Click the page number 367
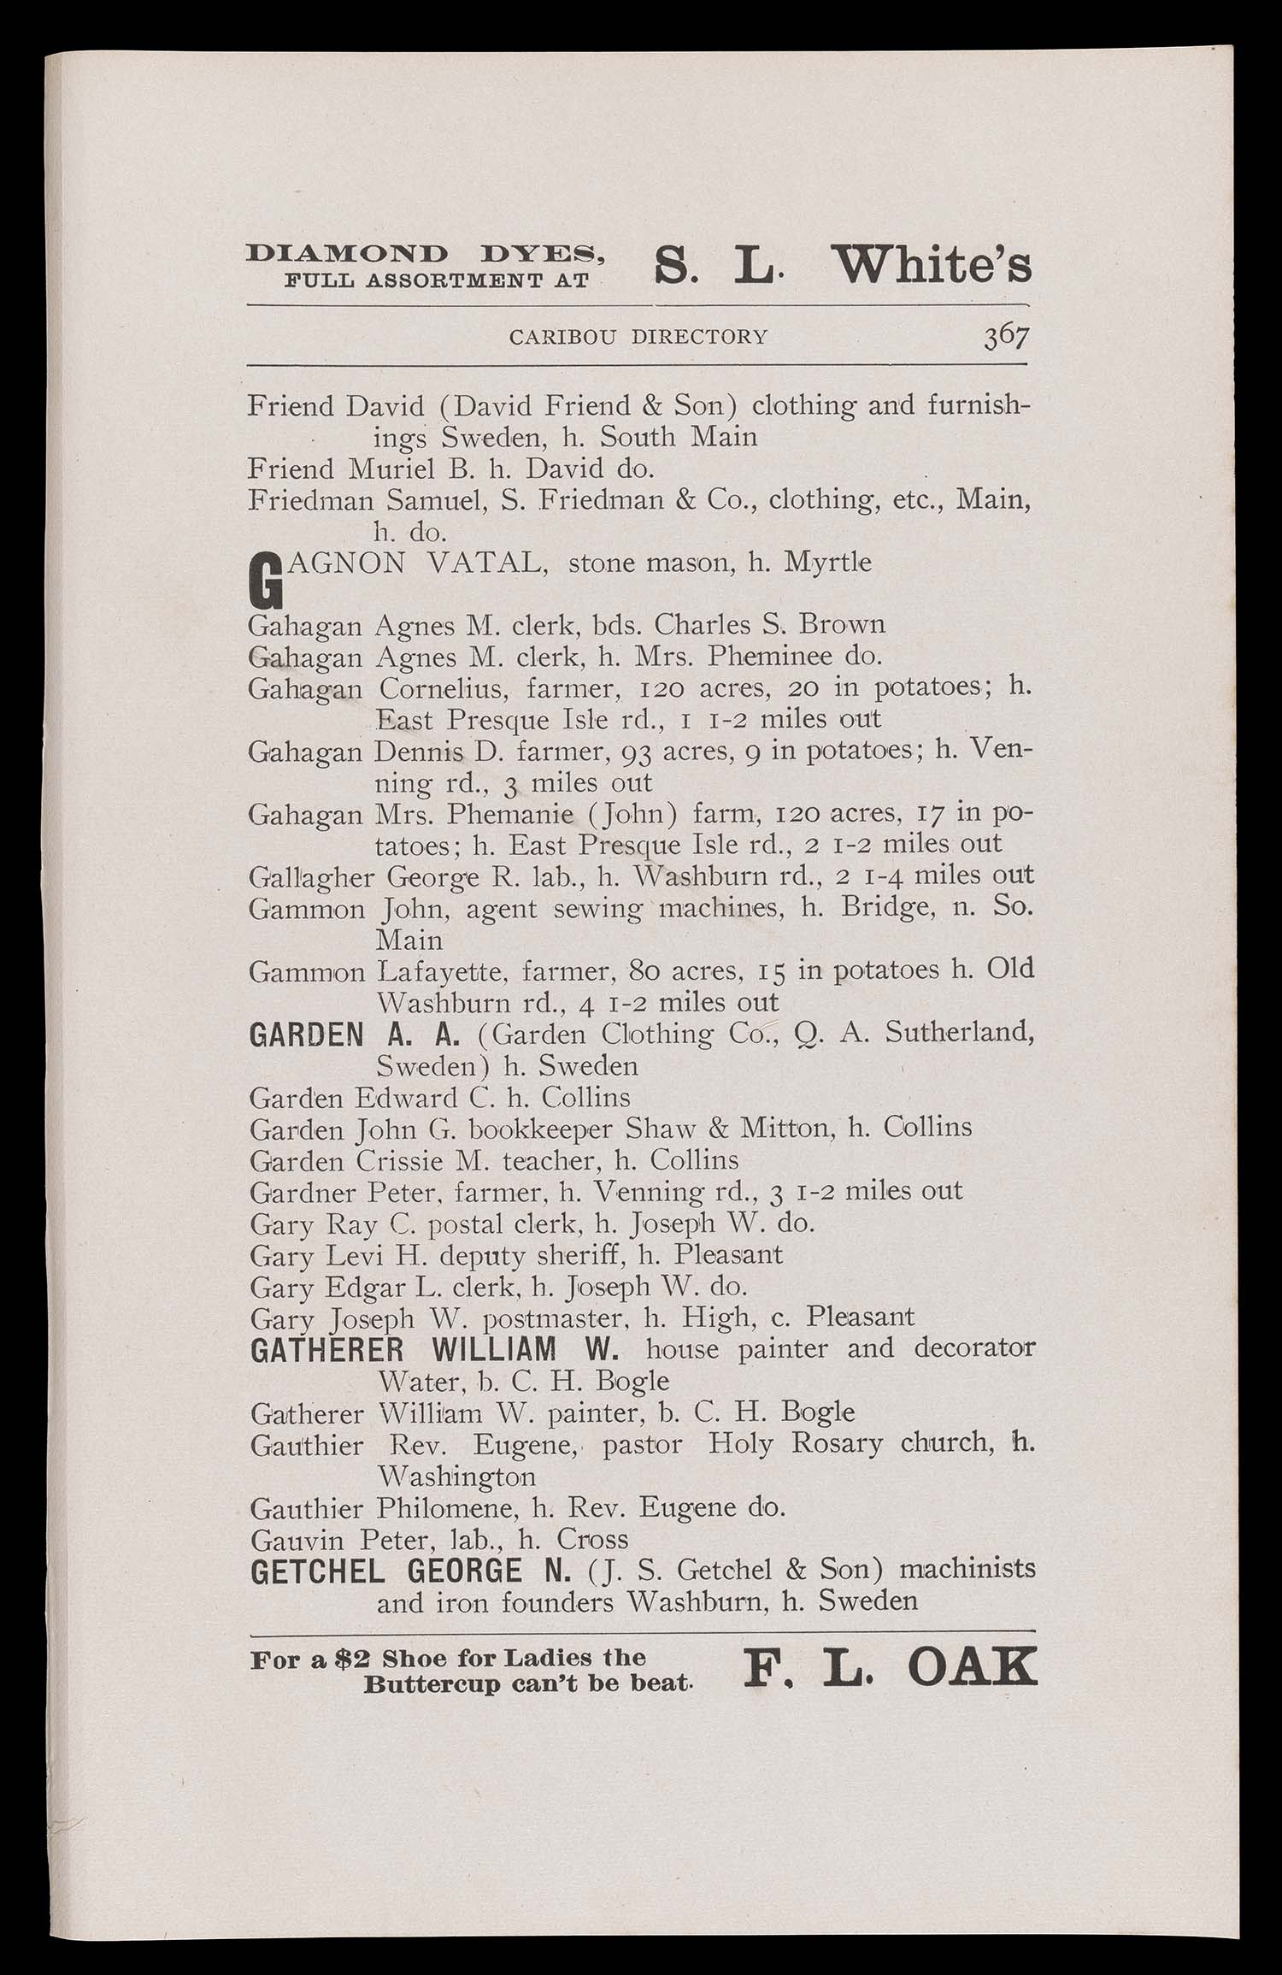tap(1005, 336)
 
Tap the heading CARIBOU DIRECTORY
tap(638, 337)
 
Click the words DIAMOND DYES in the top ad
tap(426, 255)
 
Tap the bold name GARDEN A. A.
tap(355, 1035)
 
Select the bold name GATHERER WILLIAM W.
tap(434, 1350)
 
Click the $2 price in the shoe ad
tap(352, 1660)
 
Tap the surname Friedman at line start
tap(310, 500)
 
